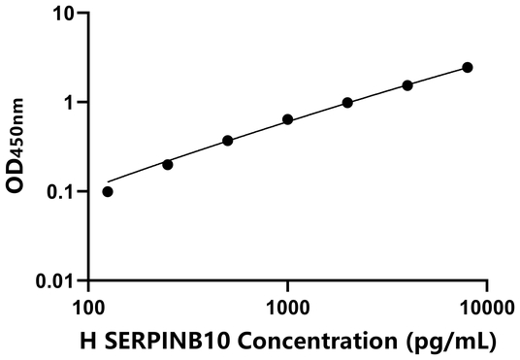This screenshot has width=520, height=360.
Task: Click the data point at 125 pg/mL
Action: click(108, 191)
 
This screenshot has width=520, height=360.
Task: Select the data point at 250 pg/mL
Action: click(168, 165)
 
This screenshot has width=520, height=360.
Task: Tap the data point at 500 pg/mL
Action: click(227, 141)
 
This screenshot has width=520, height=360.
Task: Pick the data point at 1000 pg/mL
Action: click(287, 119)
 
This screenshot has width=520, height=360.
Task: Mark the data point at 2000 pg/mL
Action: click(347, 102)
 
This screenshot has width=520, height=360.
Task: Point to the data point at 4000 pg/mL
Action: click(407, 85)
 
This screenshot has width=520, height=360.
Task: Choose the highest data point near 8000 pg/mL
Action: click(467, 67)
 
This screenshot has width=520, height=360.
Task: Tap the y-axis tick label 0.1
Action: click(61, 192)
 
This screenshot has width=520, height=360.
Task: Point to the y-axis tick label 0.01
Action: click(55, 281)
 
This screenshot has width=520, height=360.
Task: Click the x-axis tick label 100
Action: click(89, 308)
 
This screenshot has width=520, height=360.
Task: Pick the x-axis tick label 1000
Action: click(287, 308)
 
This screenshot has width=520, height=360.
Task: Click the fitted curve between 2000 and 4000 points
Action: click(377, 93)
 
